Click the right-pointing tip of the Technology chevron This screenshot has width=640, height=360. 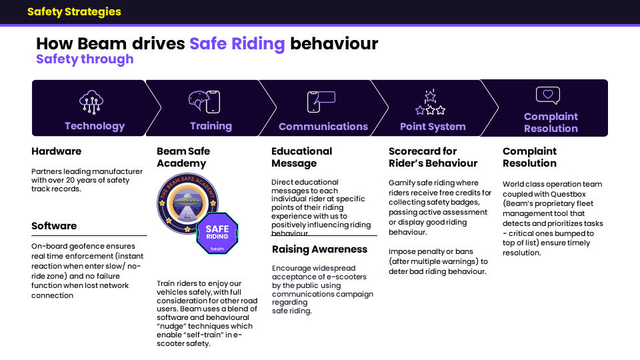[161, 108]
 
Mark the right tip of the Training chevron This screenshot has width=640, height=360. [276, 108]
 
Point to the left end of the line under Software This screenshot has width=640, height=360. [32, 235]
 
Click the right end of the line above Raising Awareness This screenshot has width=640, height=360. [377, 235]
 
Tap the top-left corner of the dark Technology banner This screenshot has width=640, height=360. [32, 81]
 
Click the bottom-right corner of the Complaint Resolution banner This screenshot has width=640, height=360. [608, 136]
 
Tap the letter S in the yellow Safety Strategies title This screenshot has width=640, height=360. [31, 11]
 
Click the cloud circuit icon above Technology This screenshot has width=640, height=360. [91, 102]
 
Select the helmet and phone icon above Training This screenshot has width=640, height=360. [205, 101]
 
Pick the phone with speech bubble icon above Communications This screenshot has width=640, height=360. [321, 101]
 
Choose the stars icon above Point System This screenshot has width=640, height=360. [430, 103]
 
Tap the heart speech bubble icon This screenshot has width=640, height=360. [548, 95]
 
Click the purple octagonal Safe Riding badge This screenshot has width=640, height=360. [217, 233]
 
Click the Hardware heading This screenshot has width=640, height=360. [56, 151]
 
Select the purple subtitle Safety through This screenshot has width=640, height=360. [85, 59]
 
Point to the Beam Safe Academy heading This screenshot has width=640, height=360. [183, 157]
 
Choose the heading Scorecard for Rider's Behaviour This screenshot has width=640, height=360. [433, 157]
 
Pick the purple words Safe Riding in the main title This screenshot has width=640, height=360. [237, 44]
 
